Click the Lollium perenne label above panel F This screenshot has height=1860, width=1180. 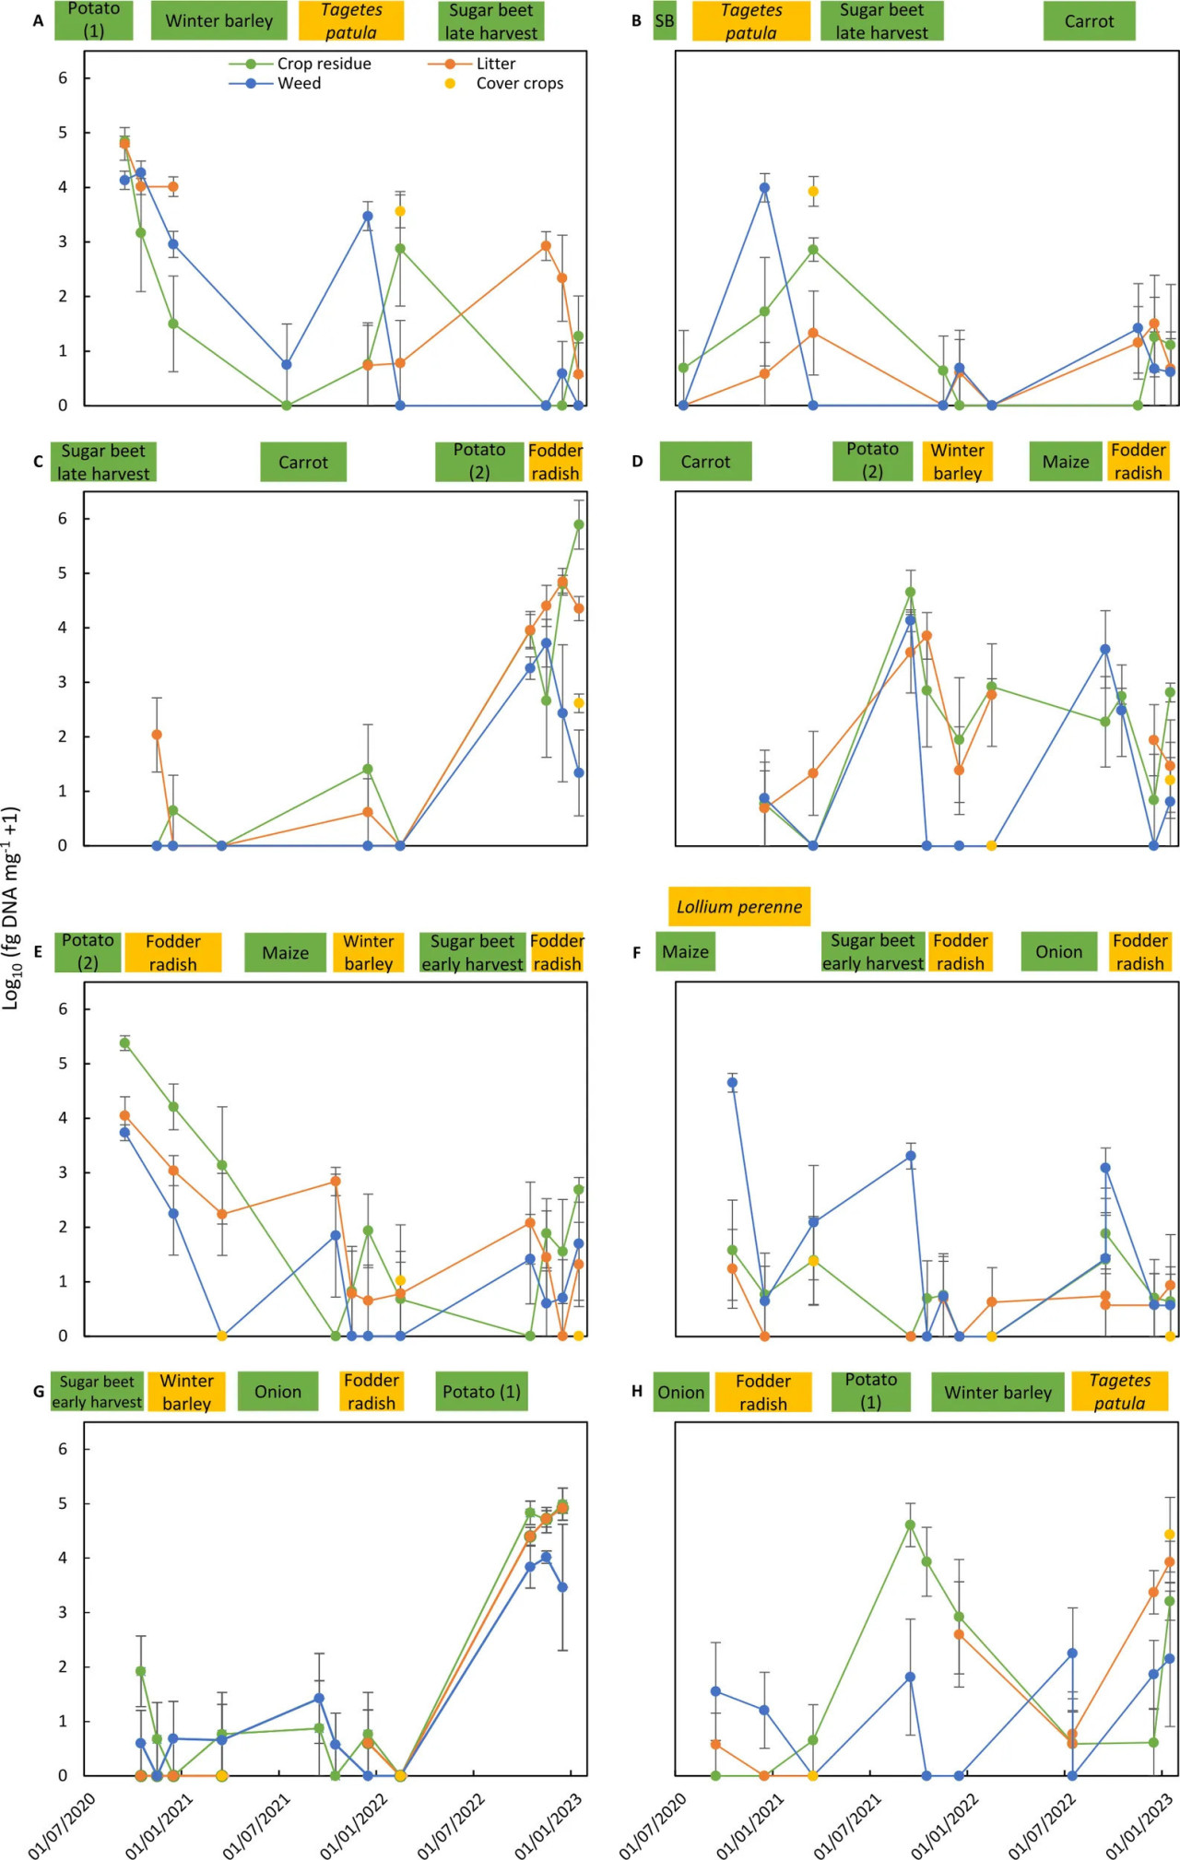tap(739, 907)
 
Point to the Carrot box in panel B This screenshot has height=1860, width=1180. tap(1089, 21)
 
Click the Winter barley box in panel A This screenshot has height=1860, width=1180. tap(219, 21)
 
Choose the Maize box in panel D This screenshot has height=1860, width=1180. tap(1065, 462)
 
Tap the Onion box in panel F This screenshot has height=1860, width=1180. tap(1058, 952)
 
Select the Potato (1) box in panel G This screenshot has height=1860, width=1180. tap(481, 1392)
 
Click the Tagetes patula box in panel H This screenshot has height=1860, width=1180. tap(1119, 1392)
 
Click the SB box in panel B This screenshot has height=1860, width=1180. tap(665, 21)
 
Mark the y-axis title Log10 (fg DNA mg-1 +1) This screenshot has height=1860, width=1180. tap(11, 908)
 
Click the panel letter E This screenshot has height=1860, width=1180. tap(38, 951)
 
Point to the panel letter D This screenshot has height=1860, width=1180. tap(637, 461)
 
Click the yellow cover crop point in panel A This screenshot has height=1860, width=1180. tap(400, 211)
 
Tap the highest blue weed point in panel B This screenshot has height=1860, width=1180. tap(764, 188)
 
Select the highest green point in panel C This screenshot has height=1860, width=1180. tap(579, 524)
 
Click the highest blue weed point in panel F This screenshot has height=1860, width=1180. tap(732, 1083)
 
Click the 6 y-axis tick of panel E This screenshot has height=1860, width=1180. tap(63, 1009)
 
